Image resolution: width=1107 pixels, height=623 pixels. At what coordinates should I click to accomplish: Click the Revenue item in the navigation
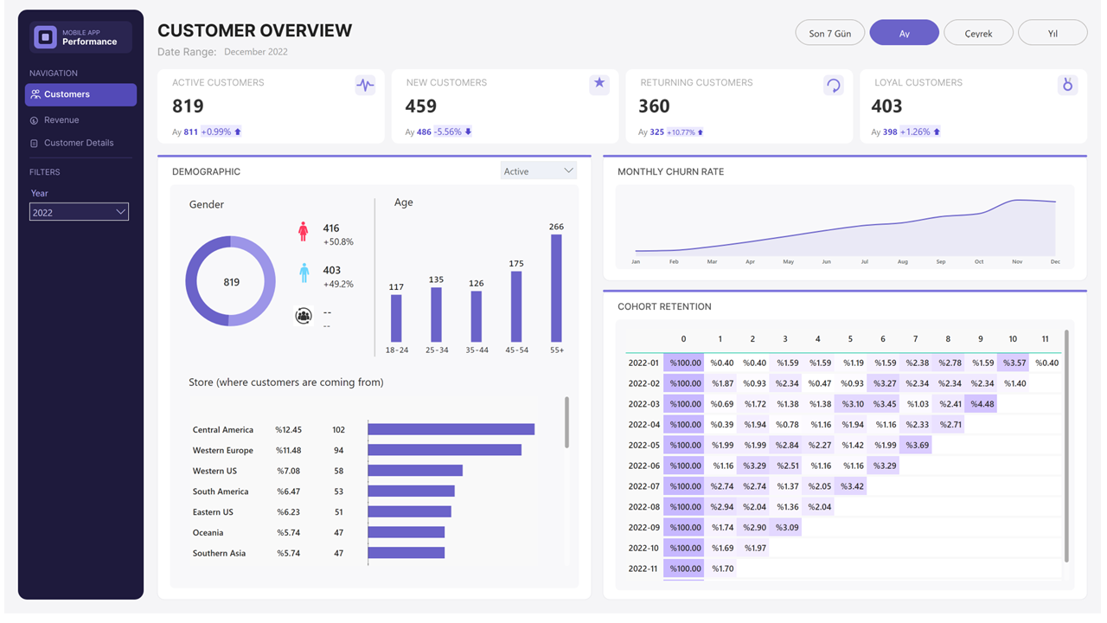61,120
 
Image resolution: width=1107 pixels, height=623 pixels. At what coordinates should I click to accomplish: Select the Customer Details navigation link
79,143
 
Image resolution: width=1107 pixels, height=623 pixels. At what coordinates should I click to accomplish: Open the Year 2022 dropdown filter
79,212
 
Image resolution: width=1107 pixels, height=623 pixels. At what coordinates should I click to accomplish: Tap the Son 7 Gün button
829,34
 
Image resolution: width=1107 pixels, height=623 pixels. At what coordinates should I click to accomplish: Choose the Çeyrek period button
978,34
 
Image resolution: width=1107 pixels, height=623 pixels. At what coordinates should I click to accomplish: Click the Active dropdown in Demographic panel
538,171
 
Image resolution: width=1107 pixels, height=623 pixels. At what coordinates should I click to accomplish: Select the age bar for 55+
556,288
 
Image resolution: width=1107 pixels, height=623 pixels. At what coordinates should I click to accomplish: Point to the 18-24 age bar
396,318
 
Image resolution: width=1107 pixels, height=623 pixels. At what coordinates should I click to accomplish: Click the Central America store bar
451,429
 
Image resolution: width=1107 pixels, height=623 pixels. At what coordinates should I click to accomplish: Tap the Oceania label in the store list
208,533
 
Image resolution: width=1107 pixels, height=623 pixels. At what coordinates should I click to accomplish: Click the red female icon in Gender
304,231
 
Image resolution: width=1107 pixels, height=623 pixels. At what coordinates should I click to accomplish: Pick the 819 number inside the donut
231,282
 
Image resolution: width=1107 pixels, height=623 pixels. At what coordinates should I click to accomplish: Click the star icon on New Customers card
599,84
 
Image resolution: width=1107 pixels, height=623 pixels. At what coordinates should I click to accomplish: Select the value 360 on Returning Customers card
654,106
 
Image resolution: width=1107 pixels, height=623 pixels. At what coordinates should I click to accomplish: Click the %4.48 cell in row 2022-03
982,404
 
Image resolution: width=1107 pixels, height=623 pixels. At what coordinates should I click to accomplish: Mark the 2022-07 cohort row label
643,486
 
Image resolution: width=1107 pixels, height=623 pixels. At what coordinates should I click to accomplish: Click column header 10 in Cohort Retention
1013,339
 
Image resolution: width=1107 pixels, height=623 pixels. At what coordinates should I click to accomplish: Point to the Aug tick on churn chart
903,261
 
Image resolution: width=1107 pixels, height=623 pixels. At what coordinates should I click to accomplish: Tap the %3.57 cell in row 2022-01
1014,363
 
